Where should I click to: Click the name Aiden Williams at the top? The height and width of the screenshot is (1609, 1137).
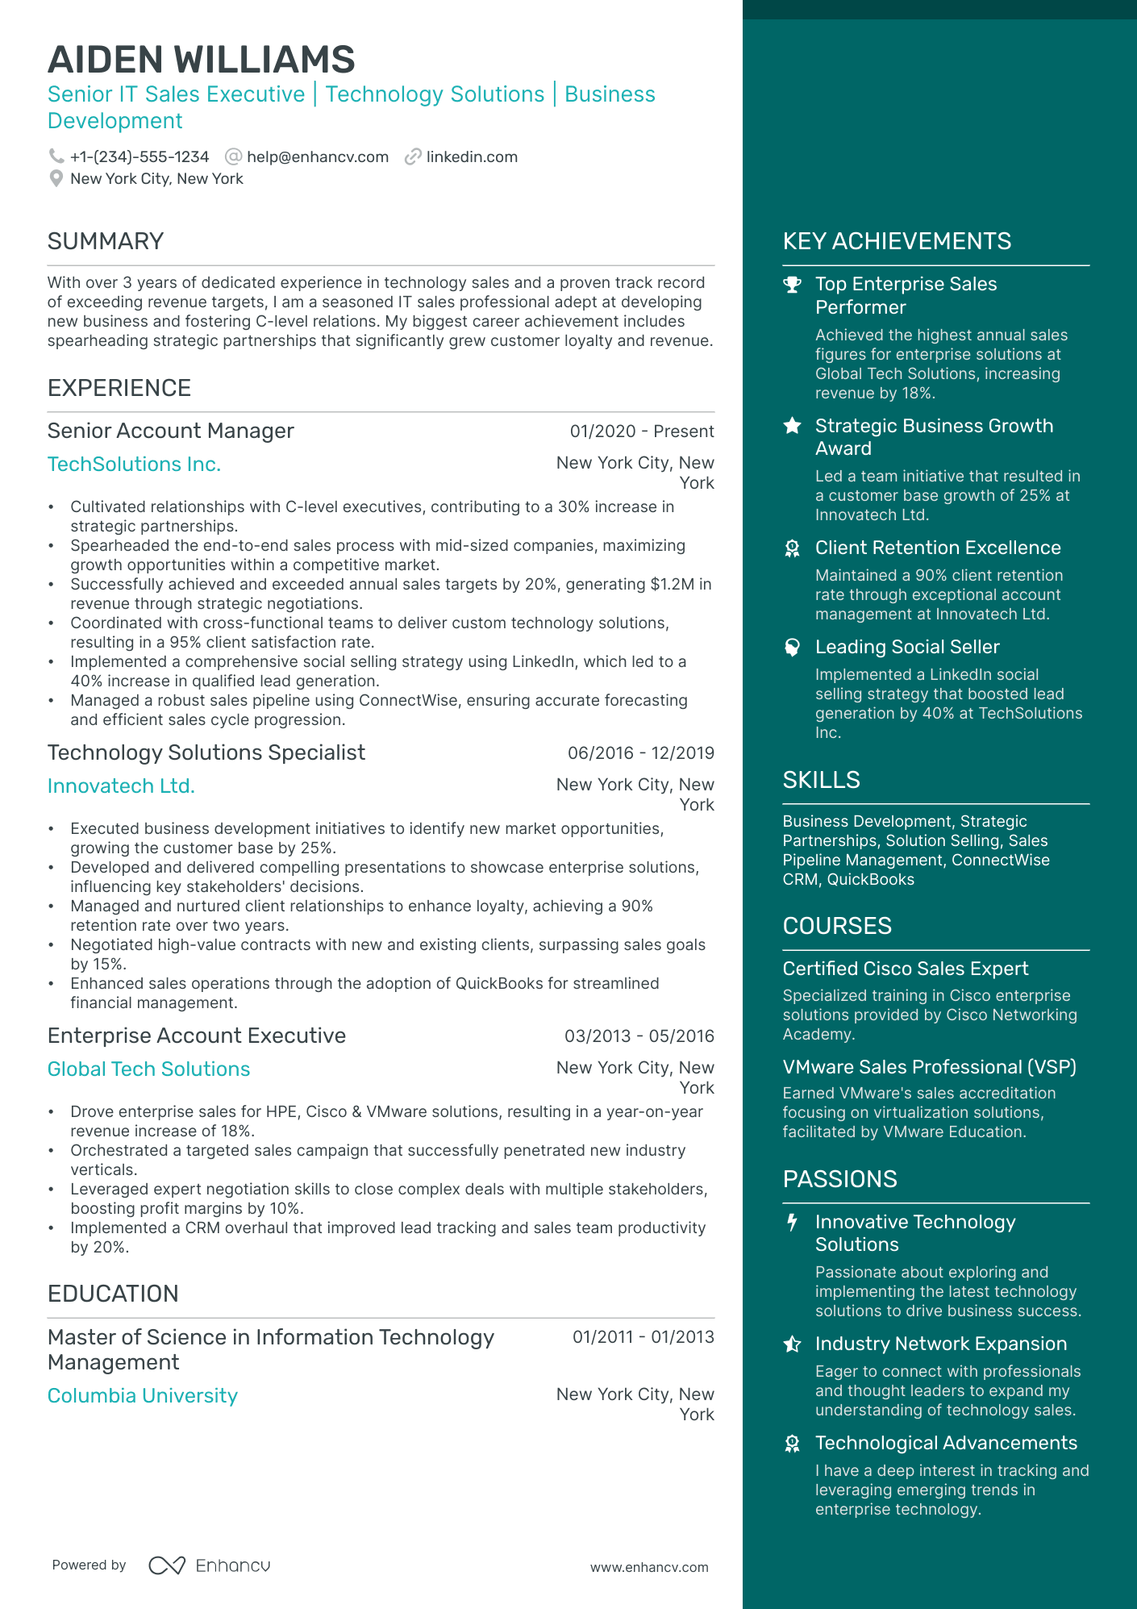click(x=202, y=60)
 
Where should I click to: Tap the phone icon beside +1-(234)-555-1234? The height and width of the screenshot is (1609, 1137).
click(x=56, y=156)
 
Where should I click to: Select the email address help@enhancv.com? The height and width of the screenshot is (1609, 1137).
click(x=317, y=157)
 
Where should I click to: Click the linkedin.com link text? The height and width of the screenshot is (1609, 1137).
click(x=472, y=157)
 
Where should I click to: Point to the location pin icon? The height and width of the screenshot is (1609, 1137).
click(x=56, y=178)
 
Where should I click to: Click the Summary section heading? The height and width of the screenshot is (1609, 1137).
click(x=106, y=241)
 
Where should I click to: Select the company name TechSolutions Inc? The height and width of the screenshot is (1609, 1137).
click(x=134, y=465)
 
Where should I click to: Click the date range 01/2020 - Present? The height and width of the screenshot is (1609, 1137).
click(x=641, y=431)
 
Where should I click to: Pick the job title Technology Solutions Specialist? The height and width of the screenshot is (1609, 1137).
click(x=206, y=752)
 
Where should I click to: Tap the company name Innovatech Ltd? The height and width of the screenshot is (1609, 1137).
click(x=121, y=786)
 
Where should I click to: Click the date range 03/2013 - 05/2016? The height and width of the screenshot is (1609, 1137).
click(x=639, y=1036)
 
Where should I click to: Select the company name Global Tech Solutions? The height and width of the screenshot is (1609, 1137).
click(x=148, y=1069)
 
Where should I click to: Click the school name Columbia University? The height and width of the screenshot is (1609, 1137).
click(x=143, y=1396)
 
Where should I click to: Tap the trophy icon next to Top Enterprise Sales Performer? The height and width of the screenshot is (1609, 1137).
click(x=793, y=285)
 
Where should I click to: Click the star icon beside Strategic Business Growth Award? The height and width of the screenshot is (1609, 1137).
click(x=793, y=426)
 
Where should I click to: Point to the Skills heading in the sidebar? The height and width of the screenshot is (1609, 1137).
click(x=821, y=780)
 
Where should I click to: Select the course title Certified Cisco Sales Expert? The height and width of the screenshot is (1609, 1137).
click(x=906, y=969)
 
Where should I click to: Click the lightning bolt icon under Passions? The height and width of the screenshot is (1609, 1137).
click(x=793, y=1223)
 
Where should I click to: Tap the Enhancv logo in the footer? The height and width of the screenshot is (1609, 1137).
click(x=210, y=1565)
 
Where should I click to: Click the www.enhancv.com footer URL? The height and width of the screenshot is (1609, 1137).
click(x=649, y=1567)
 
